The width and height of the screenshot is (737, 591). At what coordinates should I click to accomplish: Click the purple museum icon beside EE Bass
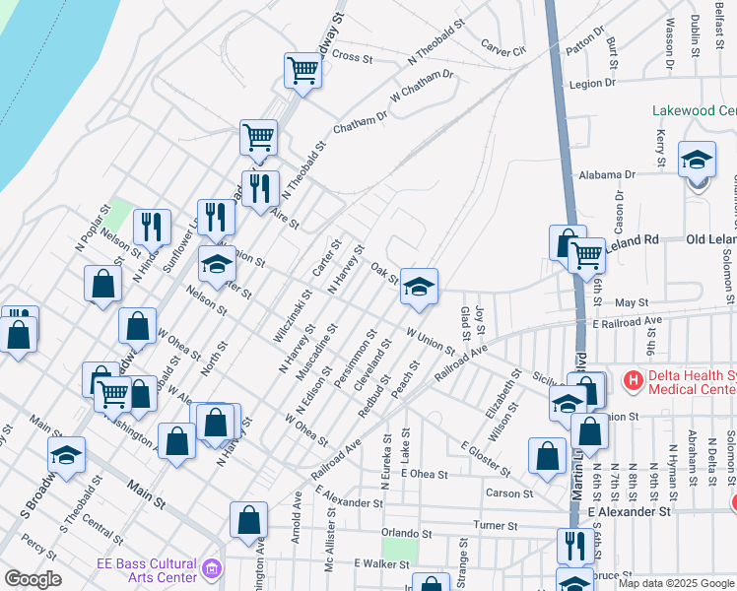pos(211,568)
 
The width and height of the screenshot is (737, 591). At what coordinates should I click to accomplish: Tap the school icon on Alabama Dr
pos(698,160)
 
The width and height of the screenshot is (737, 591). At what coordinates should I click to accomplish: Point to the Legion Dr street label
pos(599,84)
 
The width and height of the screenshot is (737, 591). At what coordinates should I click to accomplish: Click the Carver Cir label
pos(504,45)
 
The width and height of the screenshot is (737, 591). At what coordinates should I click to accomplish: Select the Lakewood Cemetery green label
pos(693,111)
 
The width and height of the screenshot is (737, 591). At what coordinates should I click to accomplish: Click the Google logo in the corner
pos(32,579)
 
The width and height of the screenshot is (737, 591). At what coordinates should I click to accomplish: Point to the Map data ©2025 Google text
pos(676,583)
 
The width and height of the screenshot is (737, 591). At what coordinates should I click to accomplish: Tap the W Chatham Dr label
pos(422,86)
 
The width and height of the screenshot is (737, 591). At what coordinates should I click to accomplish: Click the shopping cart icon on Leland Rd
pos(586,255)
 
